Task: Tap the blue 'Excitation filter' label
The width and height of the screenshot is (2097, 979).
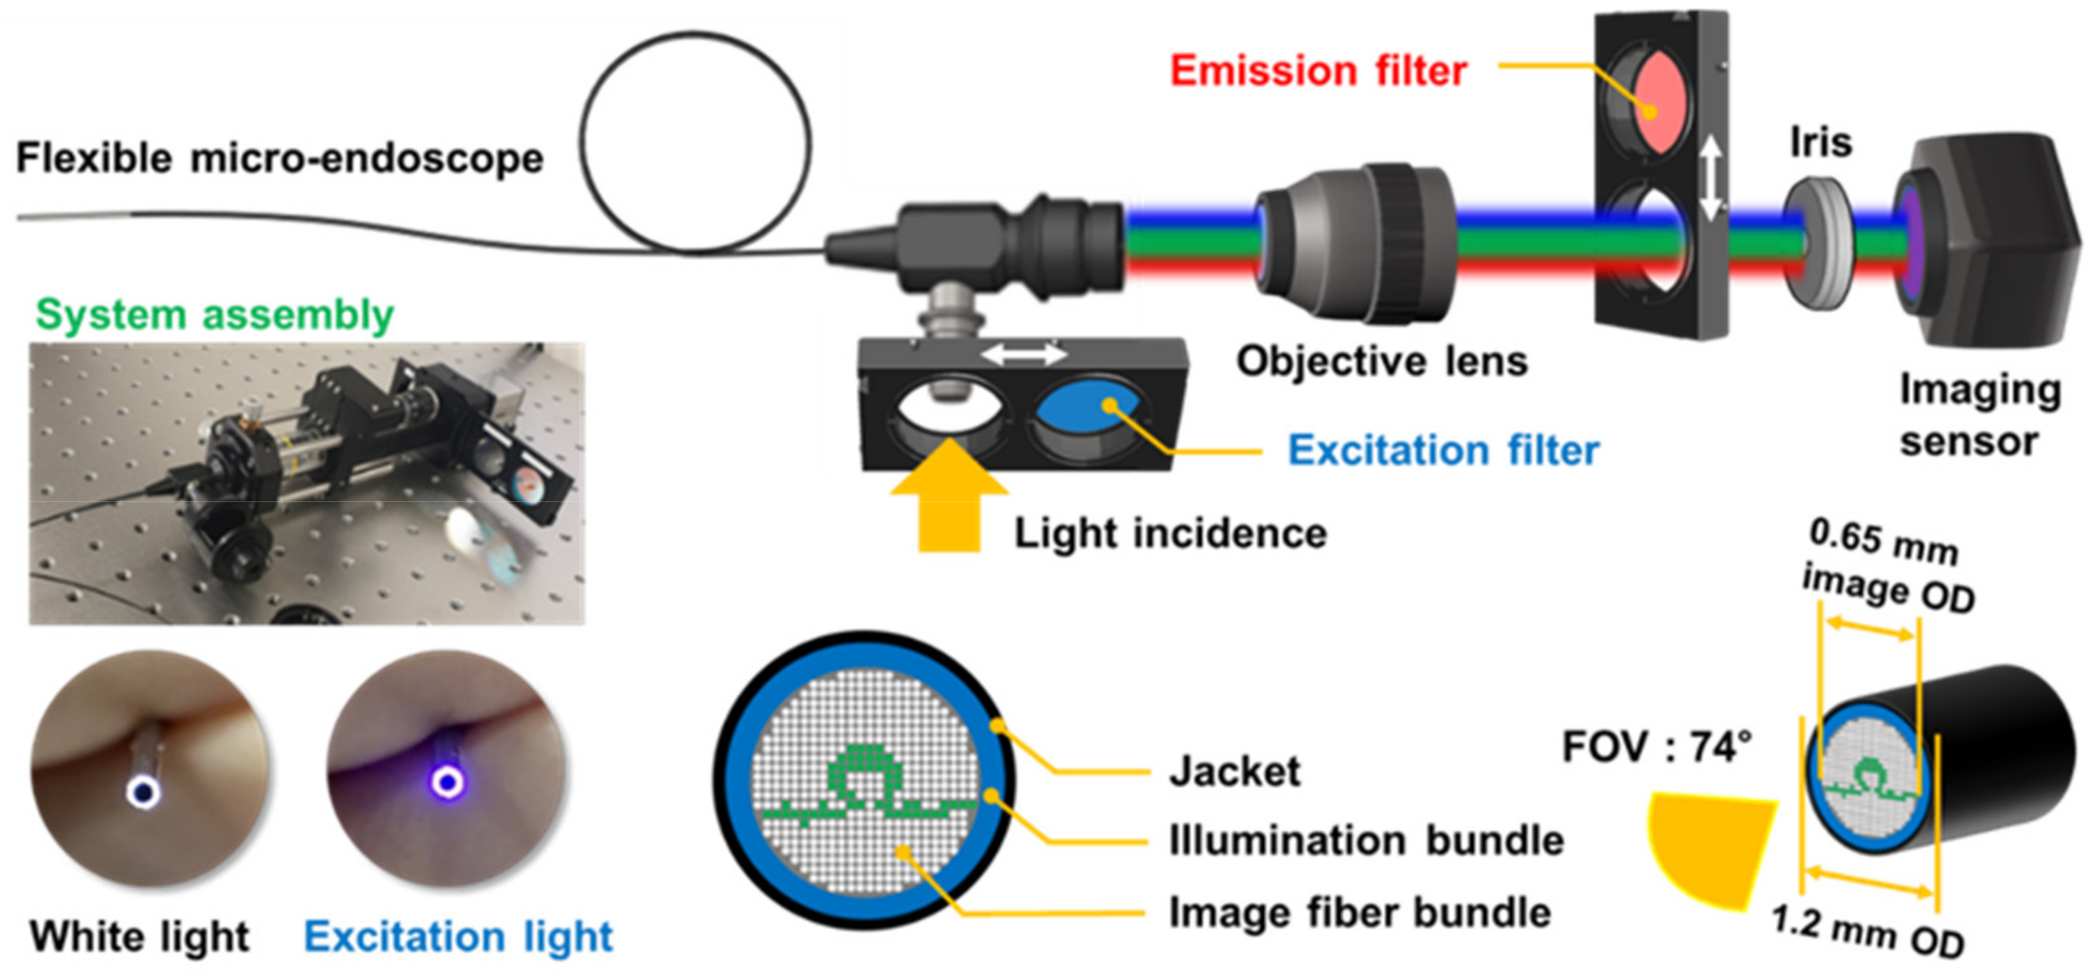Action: coord(1442,450)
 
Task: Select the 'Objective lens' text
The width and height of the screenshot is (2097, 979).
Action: coord(1381,361)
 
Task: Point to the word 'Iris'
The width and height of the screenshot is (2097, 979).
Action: coord(1820,142)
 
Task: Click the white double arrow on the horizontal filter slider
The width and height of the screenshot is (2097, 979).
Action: coord(1023,354)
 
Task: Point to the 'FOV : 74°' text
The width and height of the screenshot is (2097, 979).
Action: coord(1656,746)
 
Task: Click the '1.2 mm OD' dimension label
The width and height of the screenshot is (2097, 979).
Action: coord(1868,932)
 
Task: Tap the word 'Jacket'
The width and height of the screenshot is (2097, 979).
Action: coord(1234,771)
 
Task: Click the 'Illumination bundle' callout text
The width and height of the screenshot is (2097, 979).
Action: coord(1366,840)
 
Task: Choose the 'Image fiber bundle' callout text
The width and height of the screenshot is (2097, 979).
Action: coord(1360,912)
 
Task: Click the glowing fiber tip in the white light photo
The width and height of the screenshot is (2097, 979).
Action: coord(142,791)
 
